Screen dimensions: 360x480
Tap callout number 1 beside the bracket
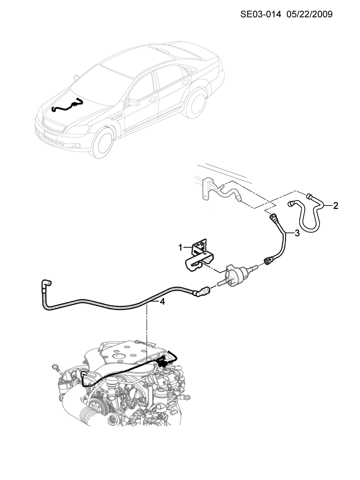180,248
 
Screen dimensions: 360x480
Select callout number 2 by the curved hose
335,206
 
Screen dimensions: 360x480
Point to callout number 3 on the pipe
297,233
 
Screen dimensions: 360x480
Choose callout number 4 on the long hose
162,302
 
